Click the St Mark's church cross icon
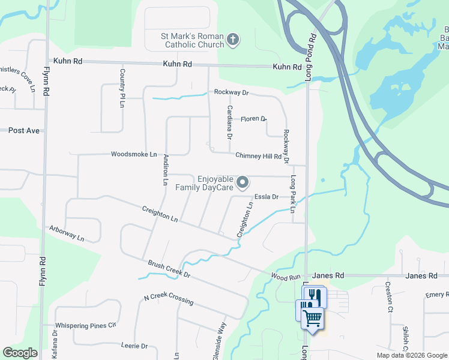pyautogui.click(x=234, y=41)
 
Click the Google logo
pyautogui.click(x=20, y=352)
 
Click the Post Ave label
pyautogui.click(x=23, y=130)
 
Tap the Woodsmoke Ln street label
pyautogui.click(x=133, y=154)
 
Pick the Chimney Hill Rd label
pyautogui.click(x=258, y=156)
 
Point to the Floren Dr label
pyautogui.click(x=253, y=119)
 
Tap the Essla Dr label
pyautogui.click(x=267, y=196)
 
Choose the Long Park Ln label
pyautogui.click(x=293, y=194)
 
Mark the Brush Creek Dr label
pyautogui.click(x=169, y=269)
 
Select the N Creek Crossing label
pyautogui.click(x=168, y=299)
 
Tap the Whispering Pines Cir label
pyautogui.click(x=87, y=325)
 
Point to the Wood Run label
pyautogui.click(x=285, y=277)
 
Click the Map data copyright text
pyautogui.click(x=411, y=355)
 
